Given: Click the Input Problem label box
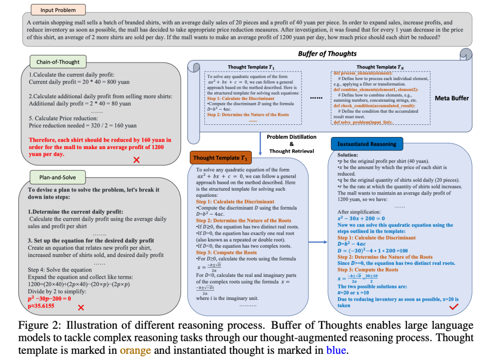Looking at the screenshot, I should [58, 10].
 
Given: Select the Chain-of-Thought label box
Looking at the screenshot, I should [55, 62].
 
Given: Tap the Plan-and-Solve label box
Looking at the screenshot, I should [58, 177].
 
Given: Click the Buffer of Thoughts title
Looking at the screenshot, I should [327, 54].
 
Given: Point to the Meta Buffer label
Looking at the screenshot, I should [451, 98].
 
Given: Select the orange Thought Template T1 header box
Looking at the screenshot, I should [220, 157].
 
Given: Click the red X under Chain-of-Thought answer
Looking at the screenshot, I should [136, 160].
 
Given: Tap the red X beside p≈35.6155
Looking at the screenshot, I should [81, 307].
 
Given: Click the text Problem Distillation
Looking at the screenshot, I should [291, 137].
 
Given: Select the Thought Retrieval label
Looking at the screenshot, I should [291, 151].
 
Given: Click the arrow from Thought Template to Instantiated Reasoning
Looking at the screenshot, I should [318, 242].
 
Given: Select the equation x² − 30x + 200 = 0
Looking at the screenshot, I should [361, 218].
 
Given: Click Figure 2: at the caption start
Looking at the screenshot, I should [39, 326].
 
